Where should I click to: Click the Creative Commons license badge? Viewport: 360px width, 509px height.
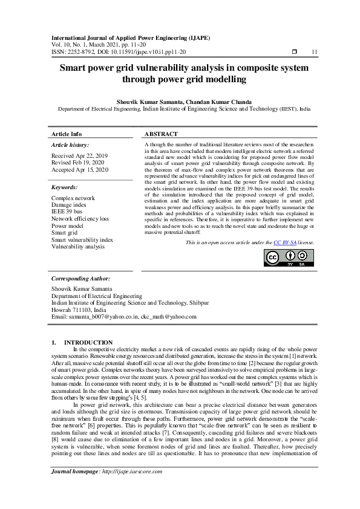coord(284,257)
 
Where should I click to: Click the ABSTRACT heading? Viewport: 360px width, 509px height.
coord(161,134)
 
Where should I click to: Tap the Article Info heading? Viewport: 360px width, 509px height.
coord(67,134)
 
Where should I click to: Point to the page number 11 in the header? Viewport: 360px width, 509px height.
coord(314,52)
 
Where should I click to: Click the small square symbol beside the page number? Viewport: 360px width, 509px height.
coord(294,52)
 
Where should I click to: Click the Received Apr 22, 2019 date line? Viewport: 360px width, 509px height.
coord(80,156)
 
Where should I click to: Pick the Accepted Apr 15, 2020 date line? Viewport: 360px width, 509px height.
coord(80,170)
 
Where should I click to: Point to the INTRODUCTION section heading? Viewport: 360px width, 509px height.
coord(88,342)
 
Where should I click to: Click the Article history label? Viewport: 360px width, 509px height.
coord(70,145)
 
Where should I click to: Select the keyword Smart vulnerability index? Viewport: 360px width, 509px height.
coord(82,240)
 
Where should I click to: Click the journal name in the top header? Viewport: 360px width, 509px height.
coord(130,37)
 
